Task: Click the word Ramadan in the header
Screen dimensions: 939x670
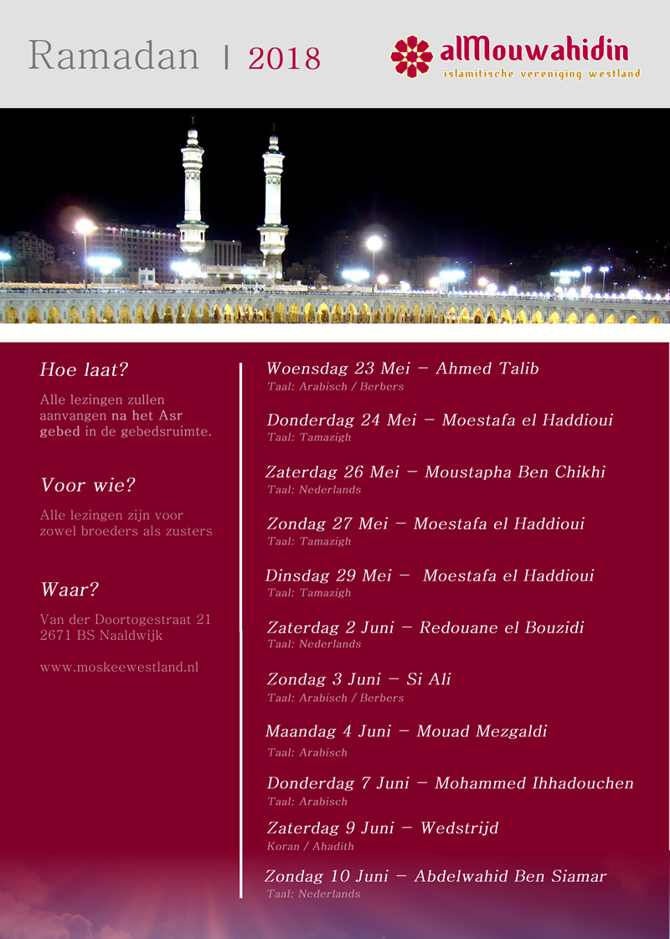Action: pyautogui.click(x=114, y=56)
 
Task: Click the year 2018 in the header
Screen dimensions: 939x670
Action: pyautogui.click(x=284, y=59)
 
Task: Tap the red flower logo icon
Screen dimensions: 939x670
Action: pyautogui.click(x=411, y=56)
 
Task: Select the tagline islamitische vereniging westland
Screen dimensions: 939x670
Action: pyautogui.click(x=541, y=74)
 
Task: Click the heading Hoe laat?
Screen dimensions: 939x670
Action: pyautogui.click(x=84, y=370)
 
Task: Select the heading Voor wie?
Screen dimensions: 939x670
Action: pyautogui.click(x=88, y=486)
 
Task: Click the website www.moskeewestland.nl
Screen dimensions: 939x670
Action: pyautogui.click(x=119, y=668)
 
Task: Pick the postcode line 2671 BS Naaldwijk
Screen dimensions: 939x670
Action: pyautogui.click(x=101, y=636)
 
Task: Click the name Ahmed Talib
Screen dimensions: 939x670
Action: pyautogui.click(x=487, y=369)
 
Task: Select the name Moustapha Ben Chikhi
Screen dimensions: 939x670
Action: pyautogui.click(x=514, y=472)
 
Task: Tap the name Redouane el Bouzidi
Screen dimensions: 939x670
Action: pyautogui.click(x=501, y=627)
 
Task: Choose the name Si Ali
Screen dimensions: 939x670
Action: pyautogui.click(x=428, y=679)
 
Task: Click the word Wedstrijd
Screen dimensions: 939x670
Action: pyautogui.click(x=459, y=828)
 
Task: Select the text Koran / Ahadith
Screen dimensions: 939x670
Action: pyautogui.click(x=310, y=847)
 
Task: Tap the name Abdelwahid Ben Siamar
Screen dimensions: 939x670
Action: pyautogui.click(x=510, y=877)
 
